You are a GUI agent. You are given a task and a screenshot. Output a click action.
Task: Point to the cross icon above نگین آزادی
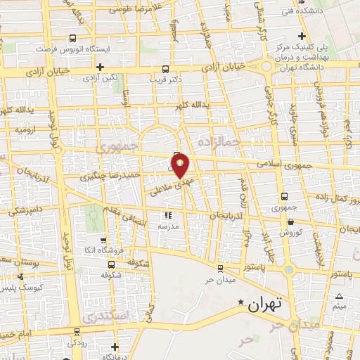pyautogui.click(x=101, y=67)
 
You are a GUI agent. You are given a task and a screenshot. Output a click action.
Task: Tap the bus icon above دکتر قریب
pyautogui.click(x=165, y=69)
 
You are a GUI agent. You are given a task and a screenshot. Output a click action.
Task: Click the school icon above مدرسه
pyautogui.click(x=168, y=216)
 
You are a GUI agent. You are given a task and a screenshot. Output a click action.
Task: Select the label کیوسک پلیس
pyautogui.click(x=23, y=288)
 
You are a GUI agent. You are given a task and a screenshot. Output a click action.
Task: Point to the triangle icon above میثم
pyautogui.click(x=340, y=296)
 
